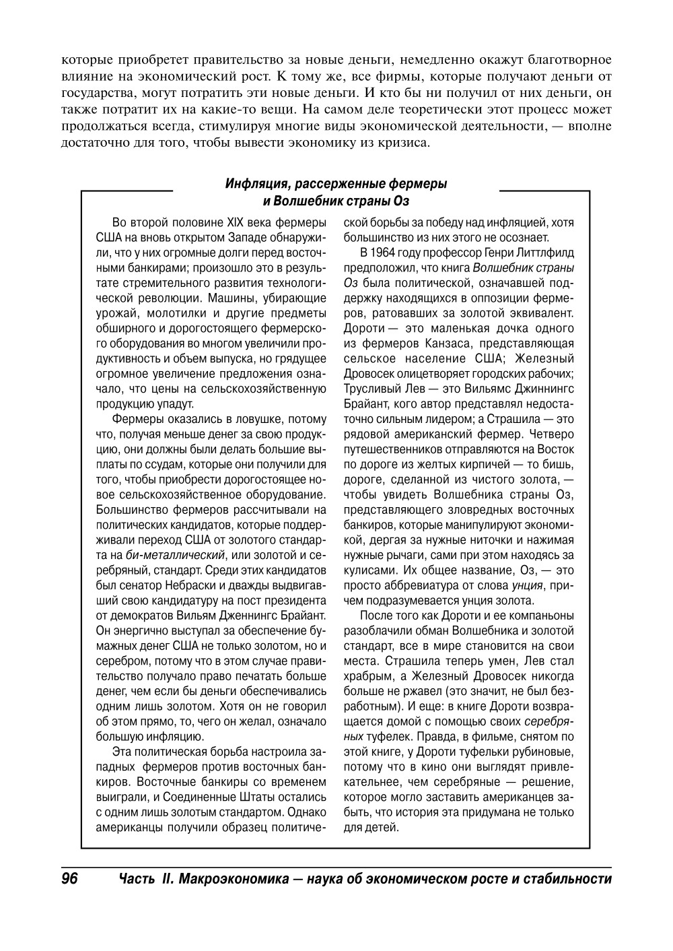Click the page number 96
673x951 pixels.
[x=70, y=879]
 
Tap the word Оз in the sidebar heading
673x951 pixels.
[x=402, y=201]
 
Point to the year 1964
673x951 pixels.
[x=386, y=253]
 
